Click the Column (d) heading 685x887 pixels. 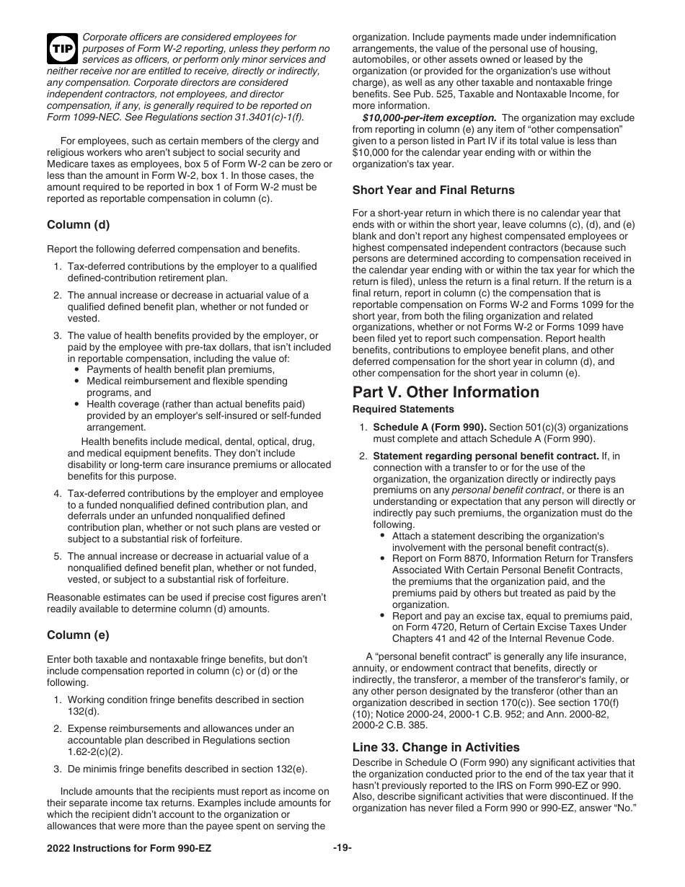[x=79, y=224]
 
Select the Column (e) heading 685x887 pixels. [x=79, y=635]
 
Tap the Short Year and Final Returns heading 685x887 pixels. [x=433, y=190]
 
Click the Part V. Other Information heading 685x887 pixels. [x=446, y=392]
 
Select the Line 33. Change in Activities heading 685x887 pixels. [x=436, y=748]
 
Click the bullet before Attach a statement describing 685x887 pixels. [x=382, y=537]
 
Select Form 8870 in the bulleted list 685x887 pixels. [x=455, y=559]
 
